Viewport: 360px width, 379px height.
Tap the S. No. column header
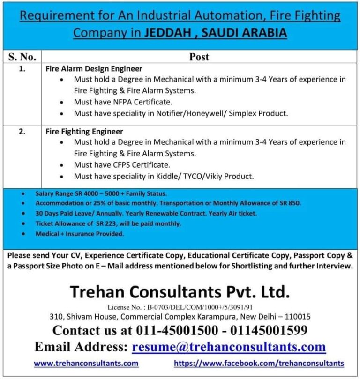(x=22, y=57)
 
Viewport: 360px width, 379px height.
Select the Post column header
(x=199, y=57)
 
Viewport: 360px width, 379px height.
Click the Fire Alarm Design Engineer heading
(x=94, y=69)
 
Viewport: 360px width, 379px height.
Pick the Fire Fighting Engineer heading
(x=84, y=132)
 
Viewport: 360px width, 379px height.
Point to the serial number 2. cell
(x=22, y=132)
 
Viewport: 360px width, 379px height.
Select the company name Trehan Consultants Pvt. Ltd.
(x=180, y=292)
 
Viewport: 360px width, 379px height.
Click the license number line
(x=180, y=307)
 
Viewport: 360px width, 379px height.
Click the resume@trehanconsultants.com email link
(x=229, y=347)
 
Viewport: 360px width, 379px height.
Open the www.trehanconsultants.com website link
(x=86, y=363)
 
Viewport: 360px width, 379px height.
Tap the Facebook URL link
(x=259, y=363)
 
